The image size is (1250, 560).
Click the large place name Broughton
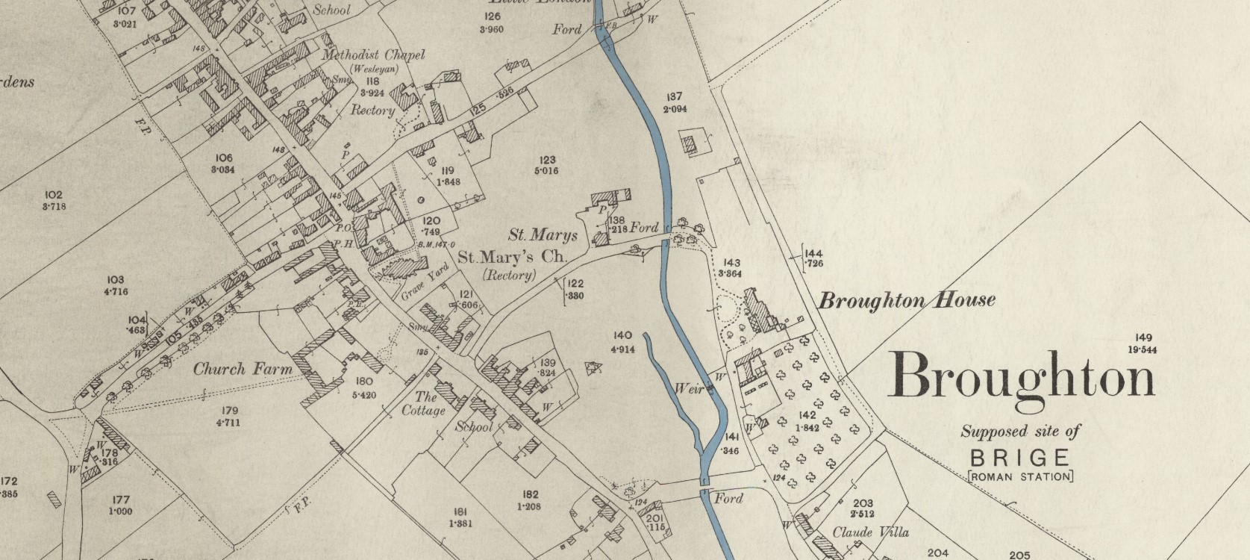[1021, 376]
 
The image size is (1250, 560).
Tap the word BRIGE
[1020, 458]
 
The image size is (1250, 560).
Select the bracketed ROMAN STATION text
[1020, 476]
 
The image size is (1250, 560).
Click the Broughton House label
[907, 301]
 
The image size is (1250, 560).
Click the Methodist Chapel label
[373, 55]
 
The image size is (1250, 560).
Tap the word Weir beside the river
[687, 388]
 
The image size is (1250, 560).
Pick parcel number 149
[1143, 337]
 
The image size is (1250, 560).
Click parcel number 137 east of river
[675, 97]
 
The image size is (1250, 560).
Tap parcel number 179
[228, 411]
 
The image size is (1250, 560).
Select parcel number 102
[54, 195]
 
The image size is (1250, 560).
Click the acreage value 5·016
[546, 171]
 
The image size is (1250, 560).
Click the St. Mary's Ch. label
[512, 258]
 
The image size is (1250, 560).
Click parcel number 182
[531, 494]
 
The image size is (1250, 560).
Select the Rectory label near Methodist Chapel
[372, 111]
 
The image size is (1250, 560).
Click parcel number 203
[862, 504]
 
